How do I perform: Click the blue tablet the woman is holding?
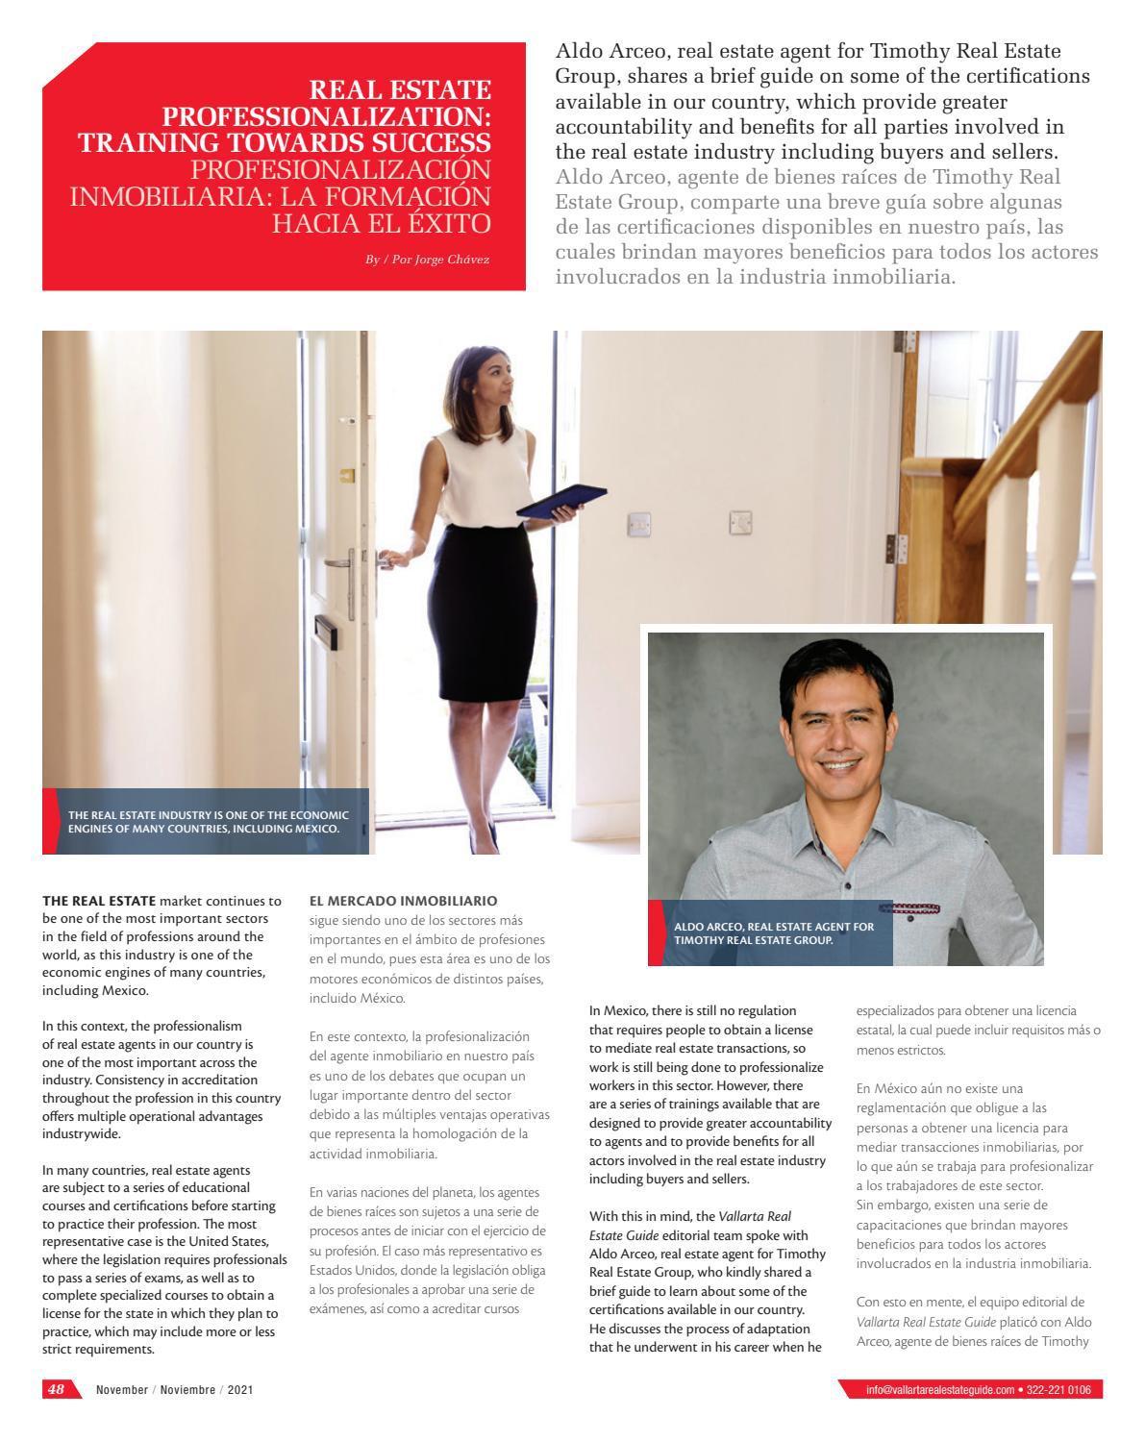coord(561,501)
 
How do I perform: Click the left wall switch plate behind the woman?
coord(639,524)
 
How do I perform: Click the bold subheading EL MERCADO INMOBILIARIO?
coord(404,901)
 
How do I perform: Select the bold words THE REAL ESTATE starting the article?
coord(99,901)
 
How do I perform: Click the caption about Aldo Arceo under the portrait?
coord(774,932)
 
